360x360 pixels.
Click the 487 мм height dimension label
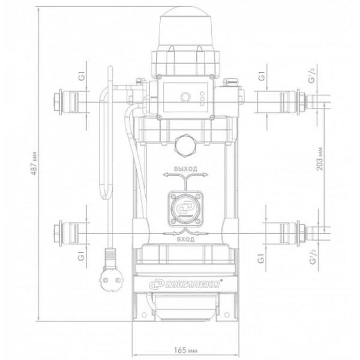coord(34,163)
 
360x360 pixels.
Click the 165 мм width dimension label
coord(185,350)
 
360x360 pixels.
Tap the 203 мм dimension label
coord(320,159)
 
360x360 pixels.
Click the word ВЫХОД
coord(185,169)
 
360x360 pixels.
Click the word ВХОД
coord(185,239)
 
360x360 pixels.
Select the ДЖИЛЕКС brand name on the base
coord(185,284)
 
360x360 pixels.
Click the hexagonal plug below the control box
coord(185,145)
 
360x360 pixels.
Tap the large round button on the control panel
coord(185,97)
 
